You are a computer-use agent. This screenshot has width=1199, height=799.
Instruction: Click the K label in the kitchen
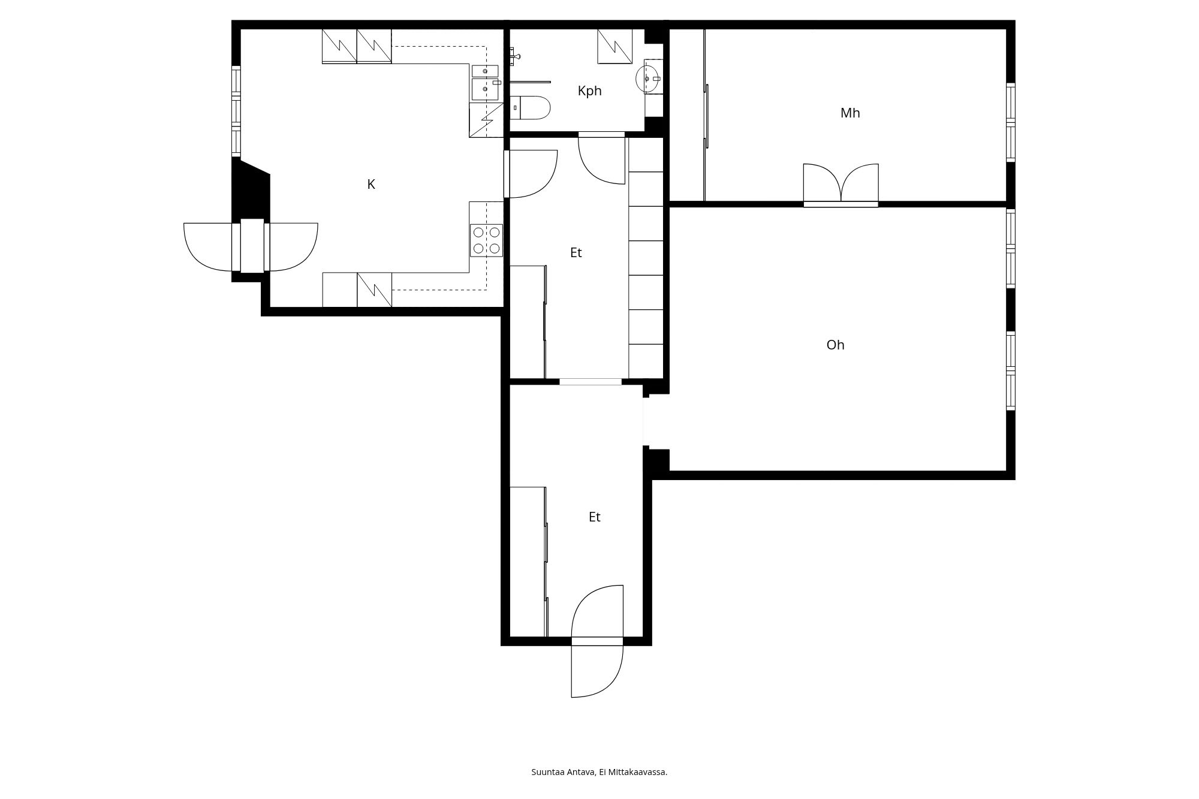(371, 185)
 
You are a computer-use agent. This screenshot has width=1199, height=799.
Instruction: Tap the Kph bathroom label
(589, 91)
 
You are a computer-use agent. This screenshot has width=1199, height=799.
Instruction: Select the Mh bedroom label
(850, 113)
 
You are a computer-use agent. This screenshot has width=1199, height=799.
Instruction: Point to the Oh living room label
(835, 345)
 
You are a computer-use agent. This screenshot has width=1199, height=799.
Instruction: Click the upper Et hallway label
(576, 253)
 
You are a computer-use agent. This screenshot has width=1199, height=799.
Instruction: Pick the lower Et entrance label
(594, 517)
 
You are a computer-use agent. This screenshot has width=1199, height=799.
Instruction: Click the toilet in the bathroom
(530, 108)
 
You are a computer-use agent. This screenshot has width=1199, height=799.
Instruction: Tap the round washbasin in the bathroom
(648, 79)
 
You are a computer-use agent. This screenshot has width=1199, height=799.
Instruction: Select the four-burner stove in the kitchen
(486, 240)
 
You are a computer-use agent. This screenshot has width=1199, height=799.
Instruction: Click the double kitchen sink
(485, 82)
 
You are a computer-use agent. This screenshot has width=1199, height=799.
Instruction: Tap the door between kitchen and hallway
(531, 174)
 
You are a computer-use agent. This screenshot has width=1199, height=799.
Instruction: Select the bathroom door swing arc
(601, 161)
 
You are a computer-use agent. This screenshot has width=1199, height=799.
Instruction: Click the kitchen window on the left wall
(236, 111)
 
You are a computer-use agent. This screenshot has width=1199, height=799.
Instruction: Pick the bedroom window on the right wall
(1011, 122)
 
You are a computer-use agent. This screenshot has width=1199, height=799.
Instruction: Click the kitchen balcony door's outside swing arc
(207, 247)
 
